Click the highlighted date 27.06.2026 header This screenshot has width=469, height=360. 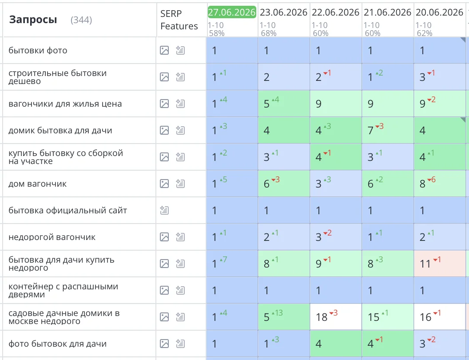(232, 12)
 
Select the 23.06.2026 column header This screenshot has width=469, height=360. (283, 12)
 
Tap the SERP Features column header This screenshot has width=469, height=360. (179, 20)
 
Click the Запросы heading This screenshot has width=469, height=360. (33, 20)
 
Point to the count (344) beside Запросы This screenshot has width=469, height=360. (81, 20)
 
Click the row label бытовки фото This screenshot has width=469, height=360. (38, 50)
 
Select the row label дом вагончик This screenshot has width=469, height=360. (37, 184)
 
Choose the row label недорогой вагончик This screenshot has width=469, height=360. (52, 237)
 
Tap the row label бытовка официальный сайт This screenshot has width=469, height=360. (68, 210)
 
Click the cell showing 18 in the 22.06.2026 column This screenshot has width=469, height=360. (336, 317)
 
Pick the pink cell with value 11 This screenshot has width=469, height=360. (440, 264)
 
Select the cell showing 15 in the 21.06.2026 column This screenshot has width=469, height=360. (388, 317)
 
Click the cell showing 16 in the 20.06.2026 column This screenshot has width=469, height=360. (440, 317)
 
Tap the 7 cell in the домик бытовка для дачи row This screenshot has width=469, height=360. (388, 130)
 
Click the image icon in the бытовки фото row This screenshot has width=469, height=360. (164, 50)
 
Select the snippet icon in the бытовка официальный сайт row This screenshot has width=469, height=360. (164, 210)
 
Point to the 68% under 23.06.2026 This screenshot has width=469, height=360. (268, 33)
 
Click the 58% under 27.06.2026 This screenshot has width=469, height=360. (217, 33)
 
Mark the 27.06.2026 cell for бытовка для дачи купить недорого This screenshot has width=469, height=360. (232, 264)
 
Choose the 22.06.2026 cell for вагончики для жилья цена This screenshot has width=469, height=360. (336, 104)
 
